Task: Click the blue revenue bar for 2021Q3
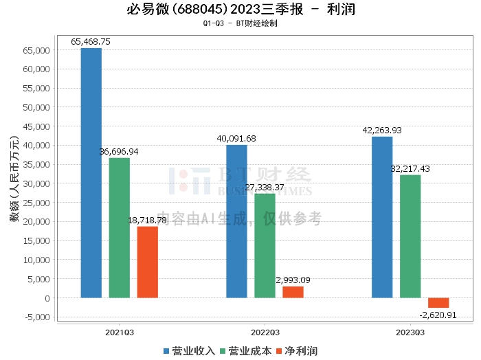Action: click(91, 172)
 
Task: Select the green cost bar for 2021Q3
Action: click(119, 227)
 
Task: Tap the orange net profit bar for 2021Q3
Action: click(147, 262)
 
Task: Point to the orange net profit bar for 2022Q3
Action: click(293, 292)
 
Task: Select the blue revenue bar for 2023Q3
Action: click(382, 217)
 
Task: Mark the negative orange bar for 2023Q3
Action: click(438, 303)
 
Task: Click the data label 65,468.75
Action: click(91, 42)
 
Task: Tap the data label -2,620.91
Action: click(437, 315)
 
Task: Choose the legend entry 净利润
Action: click(296, 350)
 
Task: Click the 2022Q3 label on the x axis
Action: click(265, 331)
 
